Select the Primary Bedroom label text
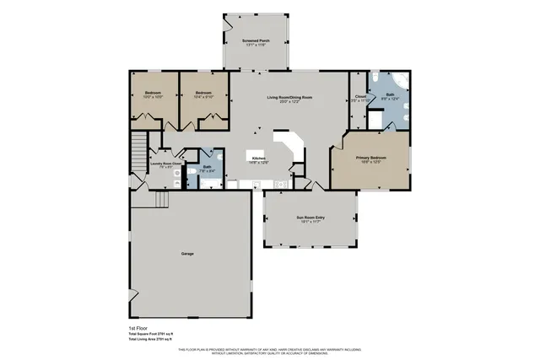372,158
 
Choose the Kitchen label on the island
258,158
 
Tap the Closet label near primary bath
360,96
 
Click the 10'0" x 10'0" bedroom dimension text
153,96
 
